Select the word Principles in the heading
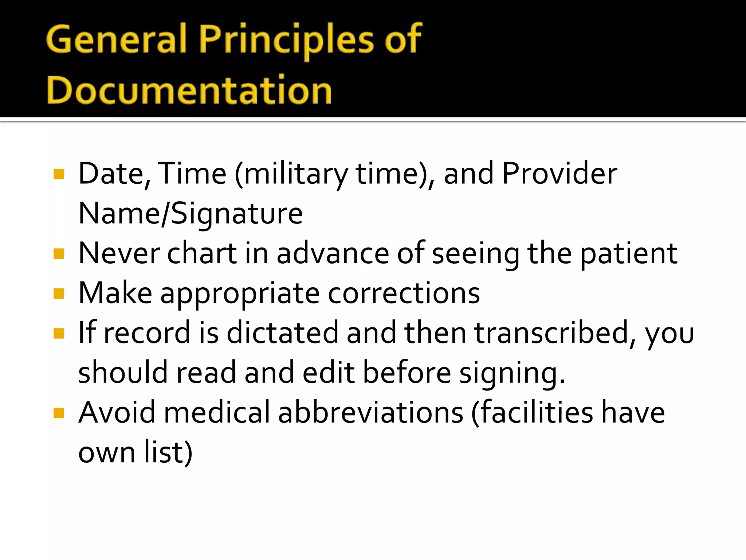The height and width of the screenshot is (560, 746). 286,39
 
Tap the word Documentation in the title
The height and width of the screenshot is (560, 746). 189,90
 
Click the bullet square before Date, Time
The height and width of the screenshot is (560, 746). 59,174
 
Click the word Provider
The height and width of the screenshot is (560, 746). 559,174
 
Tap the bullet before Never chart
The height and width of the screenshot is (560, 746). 59,254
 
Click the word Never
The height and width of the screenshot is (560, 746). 119,254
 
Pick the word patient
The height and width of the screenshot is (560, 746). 628,254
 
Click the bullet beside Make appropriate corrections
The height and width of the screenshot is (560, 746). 59,293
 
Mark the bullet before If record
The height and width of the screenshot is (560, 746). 59,333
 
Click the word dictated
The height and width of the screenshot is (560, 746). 283,333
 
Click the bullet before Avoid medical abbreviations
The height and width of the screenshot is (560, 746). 59,413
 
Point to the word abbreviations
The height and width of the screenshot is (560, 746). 370,413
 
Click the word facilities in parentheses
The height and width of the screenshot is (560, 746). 536,413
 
